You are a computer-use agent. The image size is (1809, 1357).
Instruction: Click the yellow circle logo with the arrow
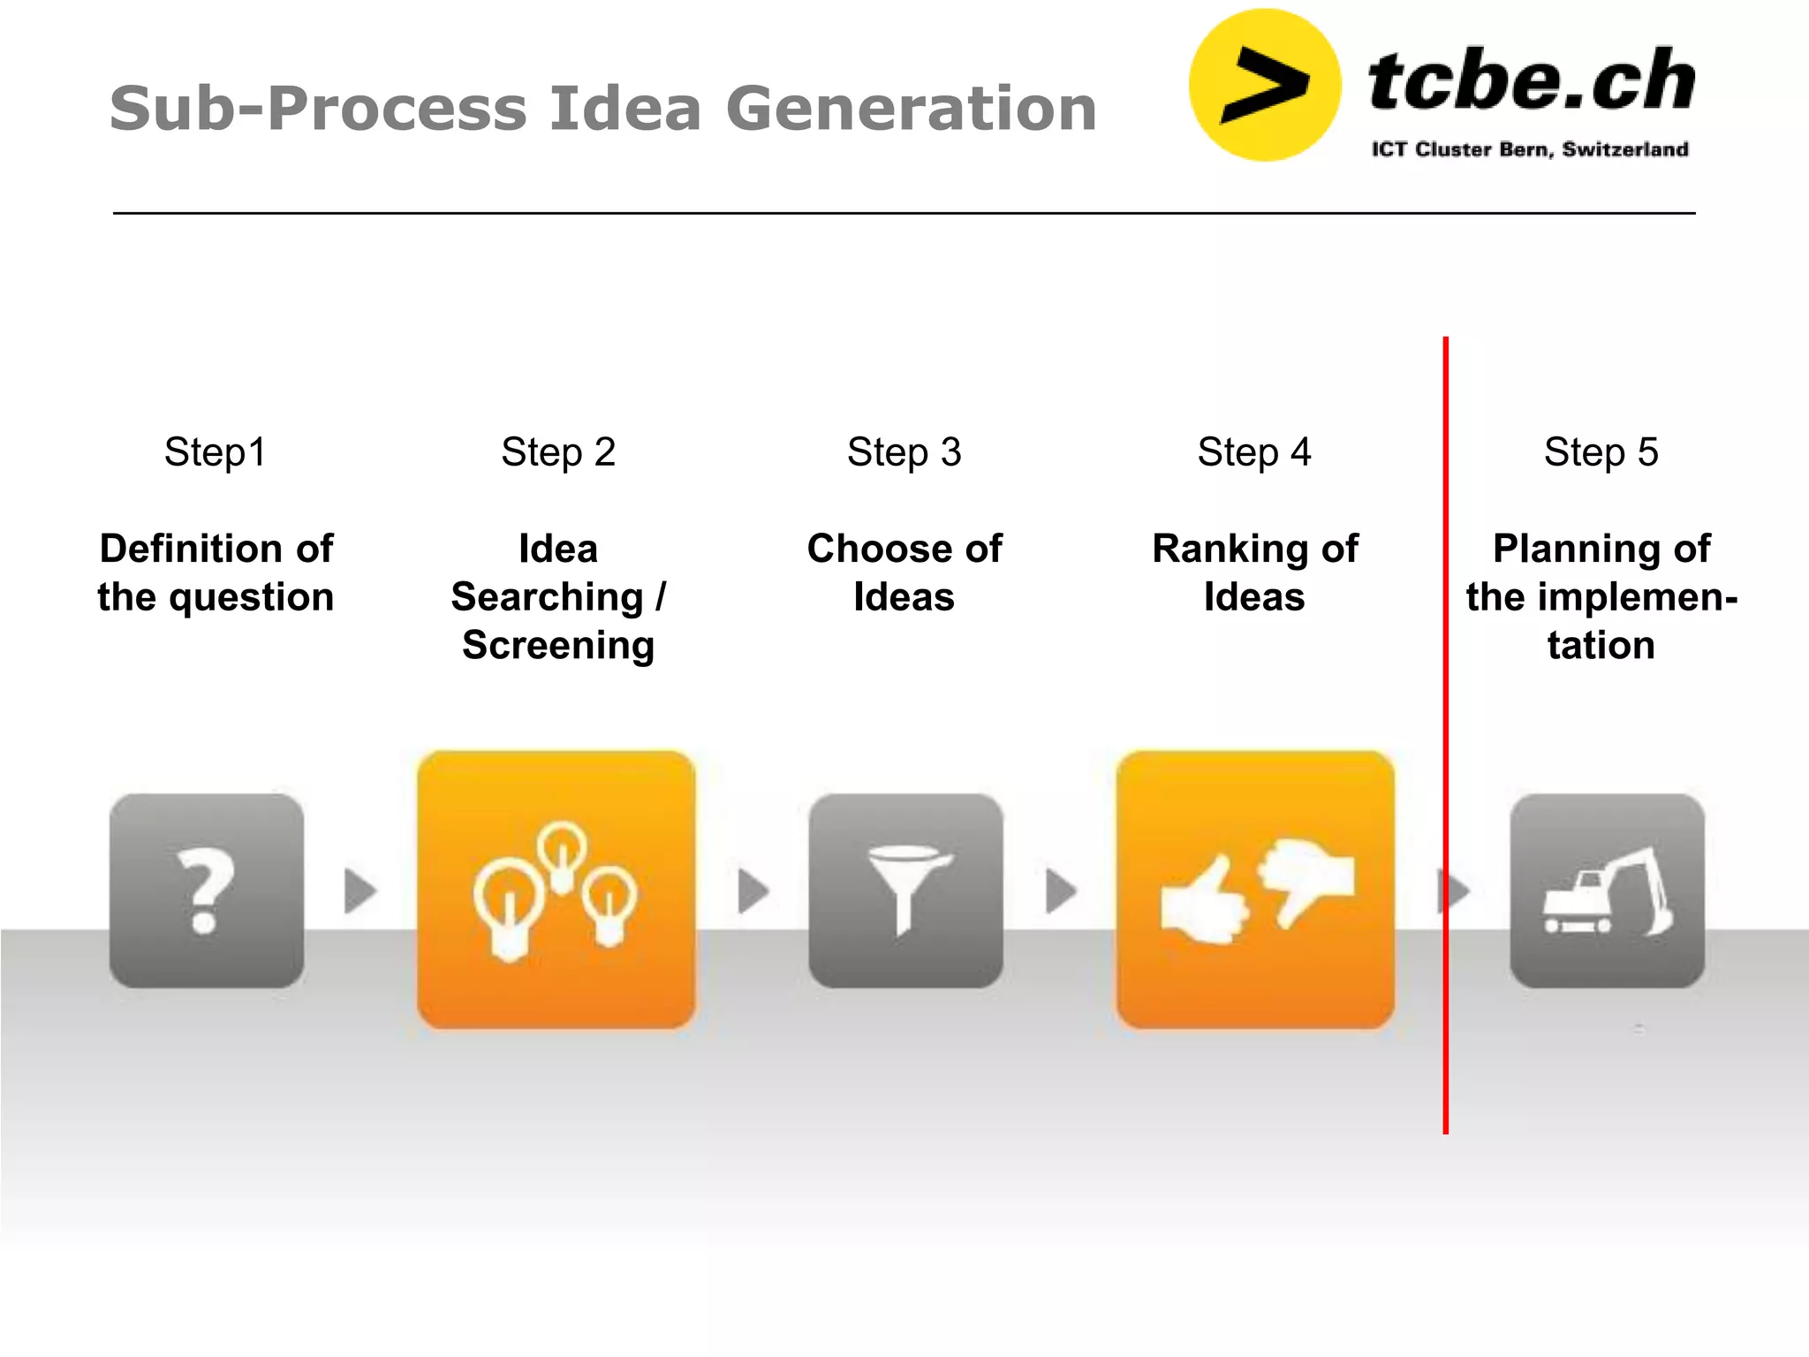pos(1265,86)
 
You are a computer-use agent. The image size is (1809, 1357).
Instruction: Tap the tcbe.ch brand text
pos(1530,81)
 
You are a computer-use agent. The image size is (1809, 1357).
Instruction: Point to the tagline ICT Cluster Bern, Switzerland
pos(1529,149)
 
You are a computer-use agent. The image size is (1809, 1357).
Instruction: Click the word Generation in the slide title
pos(911,109)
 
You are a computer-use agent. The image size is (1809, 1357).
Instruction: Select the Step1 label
pos(215,452)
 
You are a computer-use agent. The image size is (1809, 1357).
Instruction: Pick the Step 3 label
pos(904,452)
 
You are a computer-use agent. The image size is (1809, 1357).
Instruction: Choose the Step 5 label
pos(1601,452)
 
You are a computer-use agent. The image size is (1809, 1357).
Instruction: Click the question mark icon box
pos(207,890)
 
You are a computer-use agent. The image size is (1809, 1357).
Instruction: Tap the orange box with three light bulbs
pos(556,890)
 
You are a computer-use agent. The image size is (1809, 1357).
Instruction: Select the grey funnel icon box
pos(905,890)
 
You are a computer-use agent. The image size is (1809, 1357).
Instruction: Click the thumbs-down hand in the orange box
pos(1307,880)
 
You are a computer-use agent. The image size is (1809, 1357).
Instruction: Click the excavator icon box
pos(1607,890)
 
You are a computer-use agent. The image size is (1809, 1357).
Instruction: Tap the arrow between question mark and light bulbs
pos(360,891)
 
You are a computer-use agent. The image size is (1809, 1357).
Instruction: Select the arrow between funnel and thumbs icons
pos(1060,891)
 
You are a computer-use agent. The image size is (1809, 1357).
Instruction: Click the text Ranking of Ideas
pos(1254,572)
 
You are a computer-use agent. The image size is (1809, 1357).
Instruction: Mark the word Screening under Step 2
pos(558,646)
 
